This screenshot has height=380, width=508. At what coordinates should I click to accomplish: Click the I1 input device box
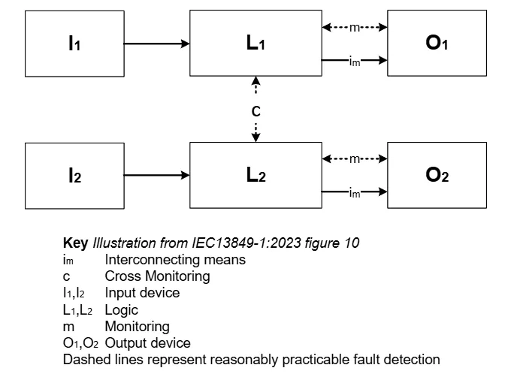coord(74,44)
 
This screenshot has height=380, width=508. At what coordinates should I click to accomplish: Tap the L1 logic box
coord(256,44)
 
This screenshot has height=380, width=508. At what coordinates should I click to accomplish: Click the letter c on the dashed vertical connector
coord(256,110)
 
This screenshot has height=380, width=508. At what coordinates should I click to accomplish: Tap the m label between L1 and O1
coord(355,28)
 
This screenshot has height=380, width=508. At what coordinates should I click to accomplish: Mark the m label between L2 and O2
coord(355,158)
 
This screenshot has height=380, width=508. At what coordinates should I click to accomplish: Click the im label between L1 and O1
coord(355,62)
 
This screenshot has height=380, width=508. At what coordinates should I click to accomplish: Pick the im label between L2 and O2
coord(355,193)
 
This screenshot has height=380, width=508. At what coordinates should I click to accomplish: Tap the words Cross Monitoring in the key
coord(157,276)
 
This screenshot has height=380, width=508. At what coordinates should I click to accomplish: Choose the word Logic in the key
coord(122,309)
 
